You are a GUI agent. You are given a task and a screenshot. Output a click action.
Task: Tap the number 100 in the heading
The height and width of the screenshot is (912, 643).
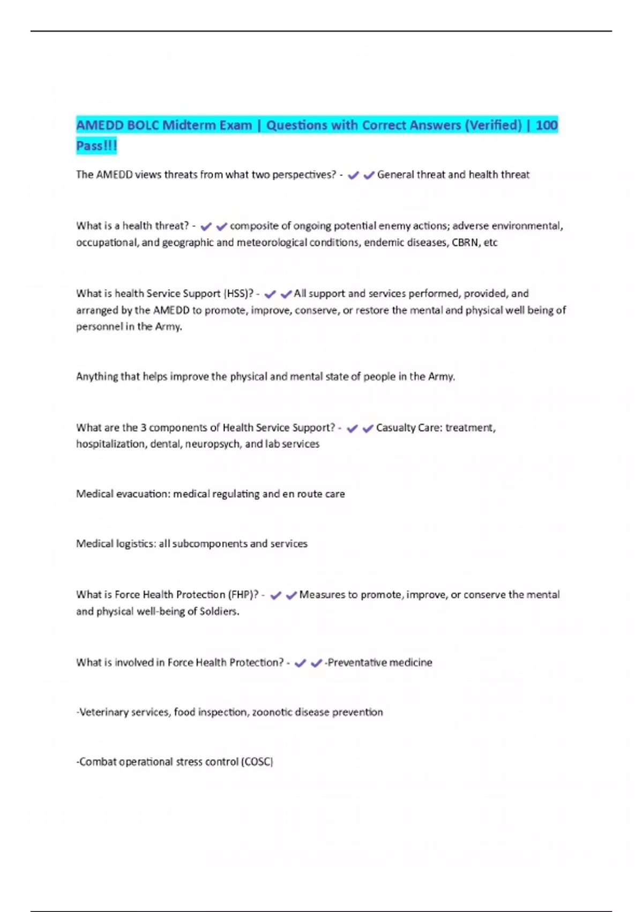pyautogui.click(x=547, y=126)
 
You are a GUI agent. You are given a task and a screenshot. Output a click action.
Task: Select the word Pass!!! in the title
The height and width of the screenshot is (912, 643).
pyautogui.click(x=96, y=146)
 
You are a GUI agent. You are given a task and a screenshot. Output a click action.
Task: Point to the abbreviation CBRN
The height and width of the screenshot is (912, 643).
pyautogui.click(x=466, y=242)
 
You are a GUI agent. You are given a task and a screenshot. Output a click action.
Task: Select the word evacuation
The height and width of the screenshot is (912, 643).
pyautogui.click(x=143, y=494)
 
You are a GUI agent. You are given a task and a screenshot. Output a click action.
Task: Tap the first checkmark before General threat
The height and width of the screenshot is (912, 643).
pyautogui.click(x=353, y=175)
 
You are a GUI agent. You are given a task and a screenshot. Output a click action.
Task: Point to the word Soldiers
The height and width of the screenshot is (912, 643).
pyautogui.click(x=219, y=612)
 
